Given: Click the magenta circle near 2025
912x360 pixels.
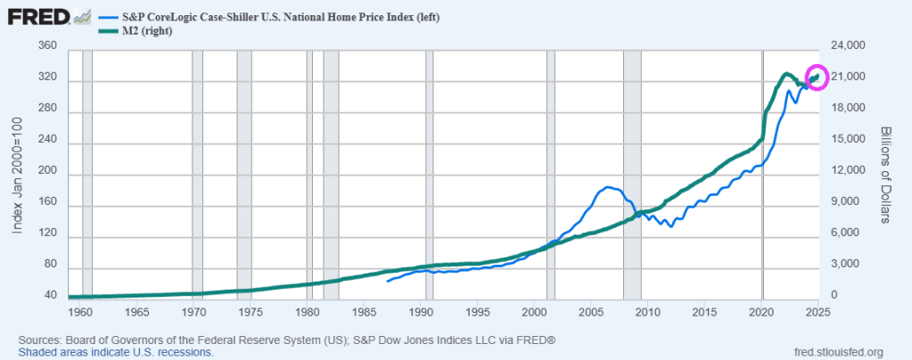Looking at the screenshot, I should [x=817, y=78].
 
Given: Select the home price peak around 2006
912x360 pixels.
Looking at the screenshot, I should [x=608, y=187].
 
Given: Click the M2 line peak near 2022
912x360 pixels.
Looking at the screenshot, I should [x=785, y=74].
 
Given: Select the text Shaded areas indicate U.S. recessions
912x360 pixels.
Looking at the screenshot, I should [x=115, y=352].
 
